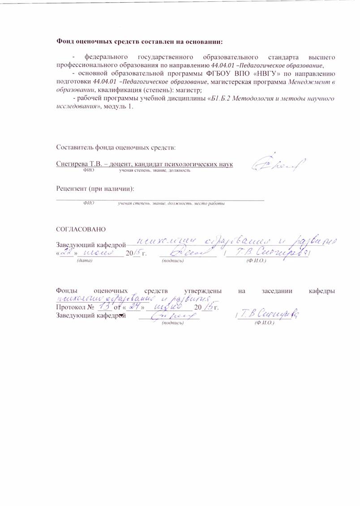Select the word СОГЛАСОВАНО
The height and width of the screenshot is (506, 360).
[81, 230]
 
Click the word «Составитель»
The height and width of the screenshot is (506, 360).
[75, 148]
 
